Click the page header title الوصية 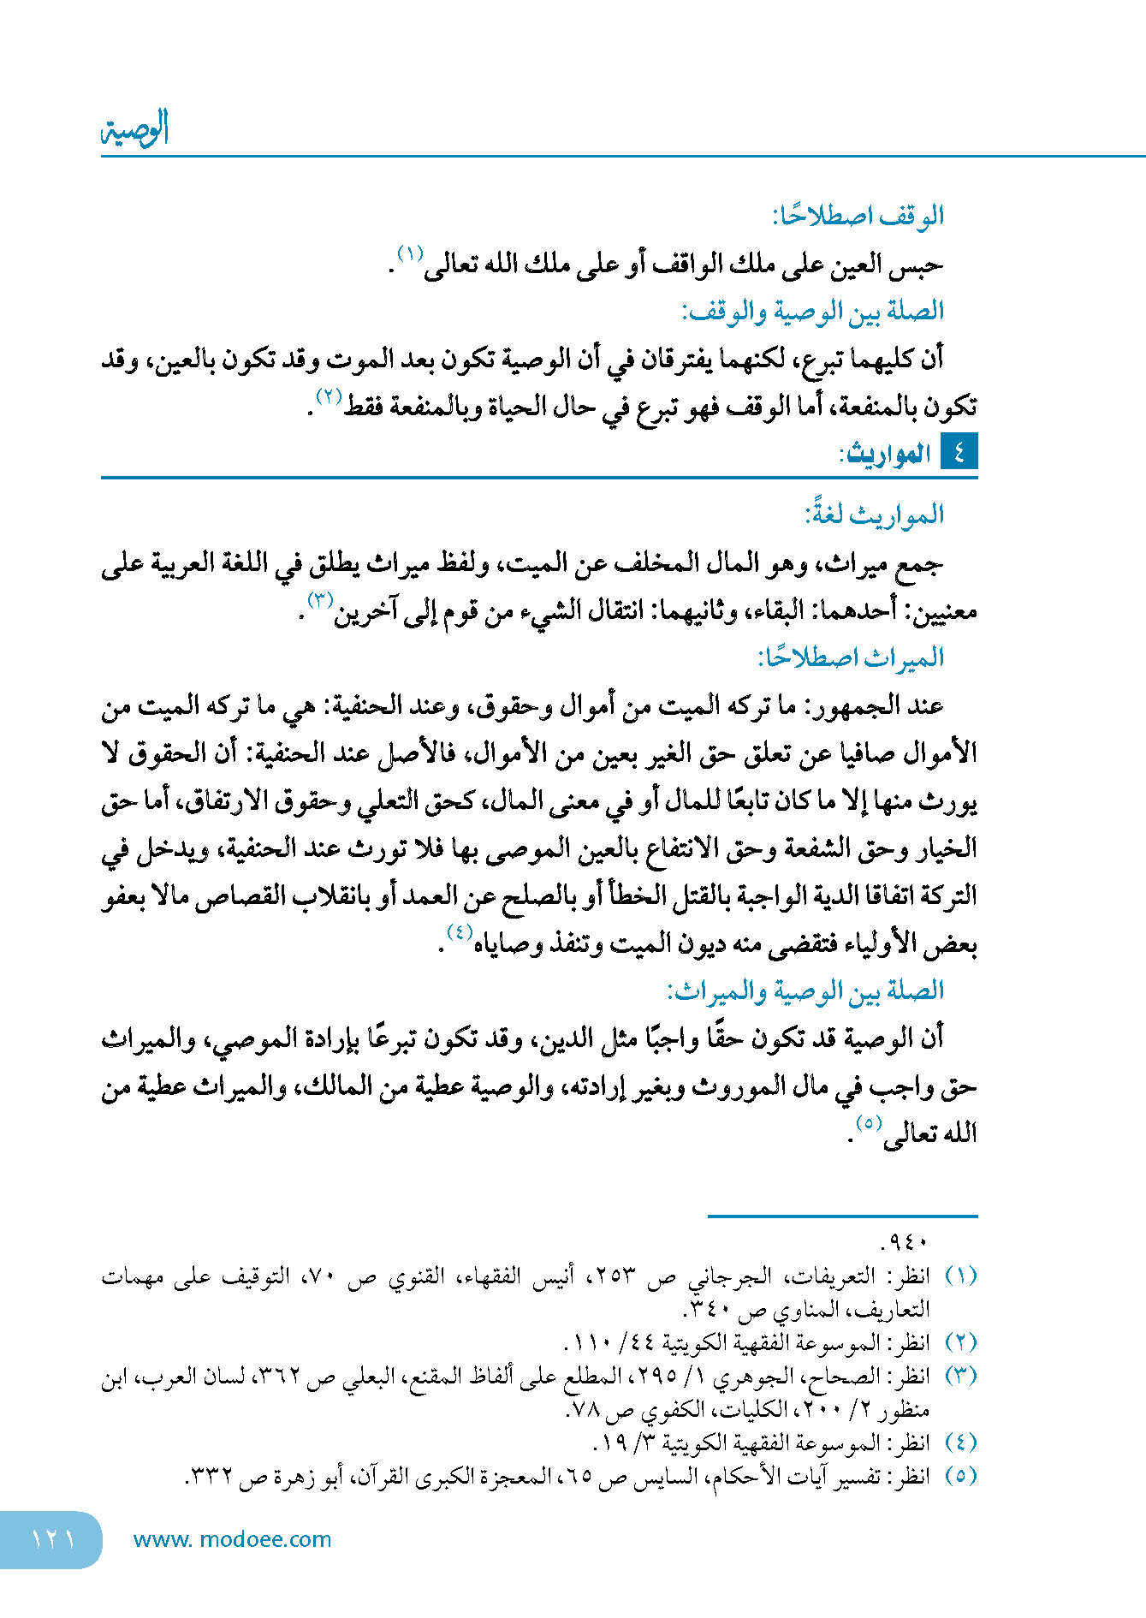pyautogui.click(x=135, y=129)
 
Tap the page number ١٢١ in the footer pyautogui.click(x=53, y=1539)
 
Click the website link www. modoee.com pyautogui.click(x=232, y=1539)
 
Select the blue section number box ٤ pyautogui.click(x=959, y=452)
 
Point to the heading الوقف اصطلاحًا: pyautogui.click(x=858, y=216)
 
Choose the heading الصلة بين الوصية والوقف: pyautogui.click(x=812, y=311)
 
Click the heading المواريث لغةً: pyautogui.click(x=874, y=515)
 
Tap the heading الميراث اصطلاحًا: pyautogui.click(x=850, y=657)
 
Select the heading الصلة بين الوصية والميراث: pyautogui.click(x=805, y=990)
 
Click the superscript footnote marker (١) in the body pyautogui.click(x=411, y=253)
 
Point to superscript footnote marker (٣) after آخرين pyautogui.click(x=320, y=599)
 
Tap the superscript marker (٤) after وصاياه pyautogui.click(x=460, y=932)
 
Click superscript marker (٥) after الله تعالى pyautogui.click(x=869, y=1122)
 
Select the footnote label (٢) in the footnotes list pyautogui.click(x=960, y=1341)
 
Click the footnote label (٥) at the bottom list pyautogui.click(x=960, y=1475)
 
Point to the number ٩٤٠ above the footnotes pyautogui.click(x=904, y=1241)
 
